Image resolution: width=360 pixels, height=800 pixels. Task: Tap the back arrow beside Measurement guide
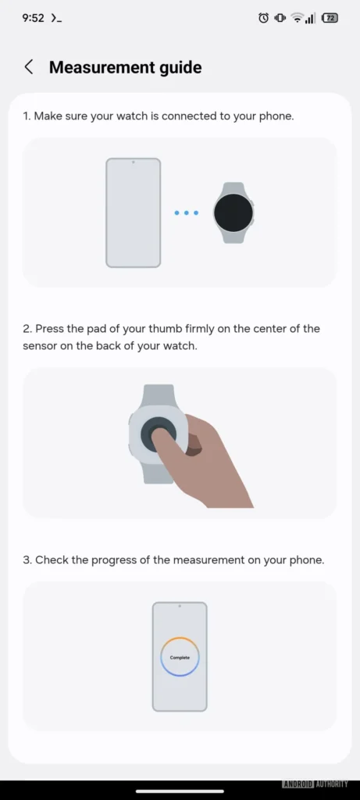click(x=29, y=67)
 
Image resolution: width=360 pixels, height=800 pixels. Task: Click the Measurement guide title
click(x=125, y=68)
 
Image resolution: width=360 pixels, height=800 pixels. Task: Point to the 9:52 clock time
click(x=33, y=17)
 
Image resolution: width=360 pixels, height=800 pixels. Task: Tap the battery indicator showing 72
click(x=330, y=17)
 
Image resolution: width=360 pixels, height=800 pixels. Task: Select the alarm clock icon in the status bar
click(x=263, y=17)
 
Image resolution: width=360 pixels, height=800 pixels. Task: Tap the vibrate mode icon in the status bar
click(x=280, y=17)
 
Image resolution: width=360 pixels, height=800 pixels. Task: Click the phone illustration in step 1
click(x=133, y=212)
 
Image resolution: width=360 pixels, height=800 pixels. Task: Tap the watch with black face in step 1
click(x=233, y=212)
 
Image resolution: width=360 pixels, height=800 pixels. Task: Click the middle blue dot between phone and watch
click(x=186, y=212)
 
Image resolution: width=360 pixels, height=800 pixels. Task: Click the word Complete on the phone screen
click(x=180, y=658)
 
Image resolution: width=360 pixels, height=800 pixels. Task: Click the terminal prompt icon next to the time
click(x=55, y=17)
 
